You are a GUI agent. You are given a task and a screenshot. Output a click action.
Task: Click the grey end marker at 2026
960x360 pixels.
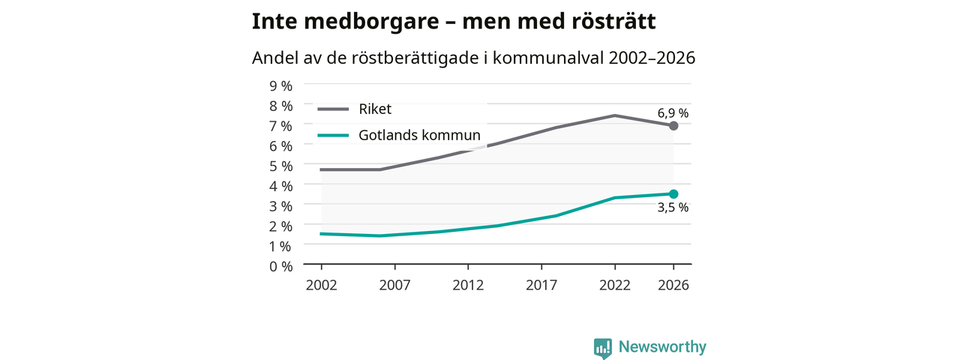[673, 125]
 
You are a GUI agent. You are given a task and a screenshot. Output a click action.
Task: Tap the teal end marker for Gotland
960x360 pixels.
[673, 194]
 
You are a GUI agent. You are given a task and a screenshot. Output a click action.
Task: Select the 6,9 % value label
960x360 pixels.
[673, 113]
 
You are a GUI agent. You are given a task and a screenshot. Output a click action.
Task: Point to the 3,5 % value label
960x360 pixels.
[673, 208]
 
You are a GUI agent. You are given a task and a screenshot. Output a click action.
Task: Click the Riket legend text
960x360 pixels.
[375, 109]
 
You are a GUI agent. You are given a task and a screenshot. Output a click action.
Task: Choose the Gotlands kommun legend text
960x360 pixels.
[419, 135]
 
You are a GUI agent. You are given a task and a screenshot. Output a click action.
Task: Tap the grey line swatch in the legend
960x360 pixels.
[333, 109]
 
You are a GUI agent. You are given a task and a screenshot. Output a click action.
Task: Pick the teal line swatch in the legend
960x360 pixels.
[333, 136]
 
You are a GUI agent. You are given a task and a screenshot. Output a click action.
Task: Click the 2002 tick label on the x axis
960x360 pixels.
[322, 285]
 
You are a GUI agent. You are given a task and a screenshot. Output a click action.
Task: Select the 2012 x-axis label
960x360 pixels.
[468, 285]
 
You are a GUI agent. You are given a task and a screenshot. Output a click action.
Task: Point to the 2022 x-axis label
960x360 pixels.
[614, 285]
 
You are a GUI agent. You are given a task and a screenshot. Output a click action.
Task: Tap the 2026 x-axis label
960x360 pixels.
[673, 285]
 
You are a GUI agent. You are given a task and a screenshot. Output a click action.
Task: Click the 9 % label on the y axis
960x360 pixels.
[280, 86]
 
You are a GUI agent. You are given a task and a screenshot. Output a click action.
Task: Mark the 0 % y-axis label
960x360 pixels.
[280, 266]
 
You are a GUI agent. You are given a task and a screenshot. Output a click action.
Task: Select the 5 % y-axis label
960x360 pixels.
[280, 166]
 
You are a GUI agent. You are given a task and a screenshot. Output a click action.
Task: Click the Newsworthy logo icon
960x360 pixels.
[602, 348]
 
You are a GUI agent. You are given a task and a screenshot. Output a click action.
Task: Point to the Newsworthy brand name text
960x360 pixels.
[662, 346]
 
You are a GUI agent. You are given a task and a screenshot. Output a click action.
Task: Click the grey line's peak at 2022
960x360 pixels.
[614, 115]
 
